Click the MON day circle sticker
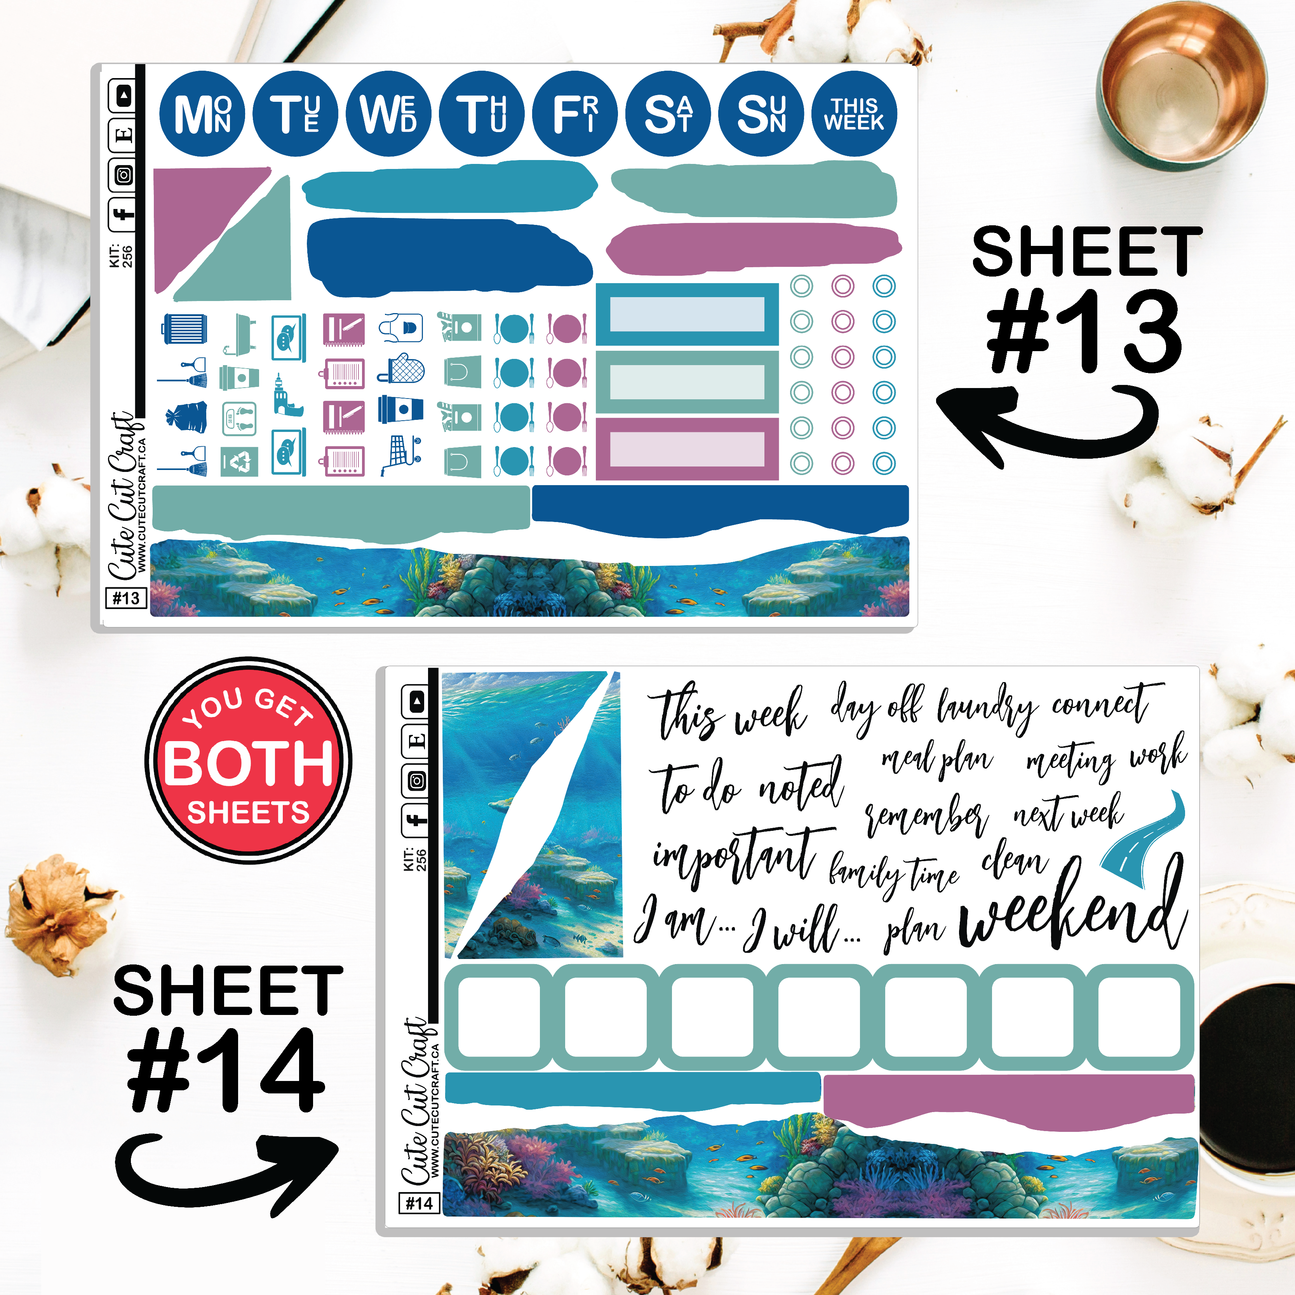[202, 114]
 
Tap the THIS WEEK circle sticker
[854, 114]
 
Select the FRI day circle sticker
[574, 114]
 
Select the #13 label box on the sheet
[126, 598]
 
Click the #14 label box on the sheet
[419, 1203]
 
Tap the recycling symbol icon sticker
[239, 462]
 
